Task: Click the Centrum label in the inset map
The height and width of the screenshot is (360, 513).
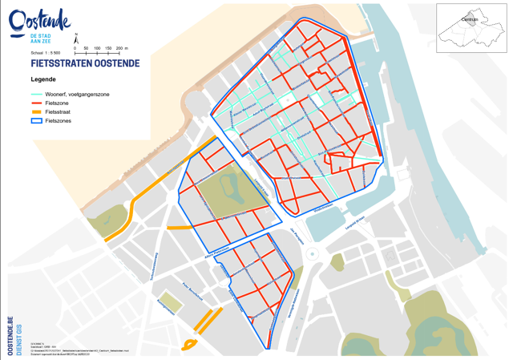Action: [470, 20]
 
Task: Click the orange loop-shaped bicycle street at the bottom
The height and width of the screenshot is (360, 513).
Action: [190, 345]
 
